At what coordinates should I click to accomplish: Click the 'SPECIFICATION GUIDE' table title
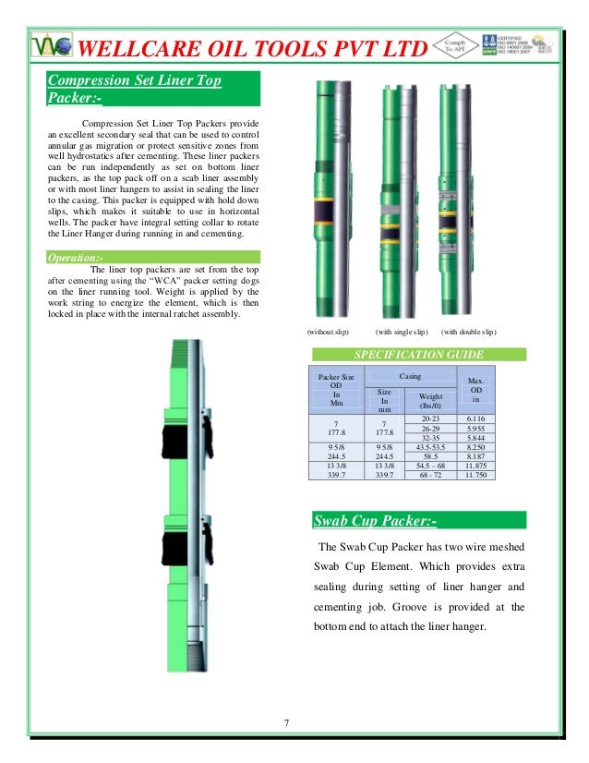point(419,354)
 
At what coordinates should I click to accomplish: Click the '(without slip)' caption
point(328,331)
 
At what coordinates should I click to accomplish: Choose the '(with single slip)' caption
point(402,331)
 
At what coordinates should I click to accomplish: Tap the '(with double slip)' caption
point(468,331)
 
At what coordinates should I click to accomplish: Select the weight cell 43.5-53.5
point(430,447)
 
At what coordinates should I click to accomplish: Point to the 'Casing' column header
point(410,376)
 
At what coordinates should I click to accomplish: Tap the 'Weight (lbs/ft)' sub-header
point(430,400)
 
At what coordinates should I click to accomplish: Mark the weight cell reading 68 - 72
point(430,475)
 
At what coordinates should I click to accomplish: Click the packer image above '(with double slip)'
point(456,199)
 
